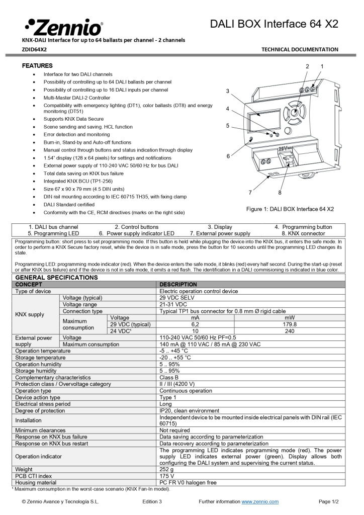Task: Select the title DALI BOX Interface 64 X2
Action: click(274, 24)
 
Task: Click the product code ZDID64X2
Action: click(34, 49)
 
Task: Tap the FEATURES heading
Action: click(37, 66)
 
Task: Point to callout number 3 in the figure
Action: click(228, 91)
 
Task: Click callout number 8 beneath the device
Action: click(280, 192)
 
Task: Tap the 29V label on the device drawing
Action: click(285, 149)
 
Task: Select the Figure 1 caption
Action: click(290, 209)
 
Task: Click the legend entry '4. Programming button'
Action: click(303, 227)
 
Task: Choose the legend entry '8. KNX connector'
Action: click(303, 233)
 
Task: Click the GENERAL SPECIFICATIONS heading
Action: click(56, 277)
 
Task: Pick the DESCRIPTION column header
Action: click(178, 284)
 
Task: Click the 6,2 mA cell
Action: click(196, 324)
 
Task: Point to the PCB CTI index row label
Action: click(33, 476)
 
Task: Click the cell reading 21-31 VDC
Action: click(173, 305)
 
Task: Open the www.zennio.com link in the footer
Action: click(260, 501)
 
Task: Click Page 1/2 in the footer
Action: click(329, 501)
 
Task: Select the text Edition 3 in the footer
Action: click(152, 501)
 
